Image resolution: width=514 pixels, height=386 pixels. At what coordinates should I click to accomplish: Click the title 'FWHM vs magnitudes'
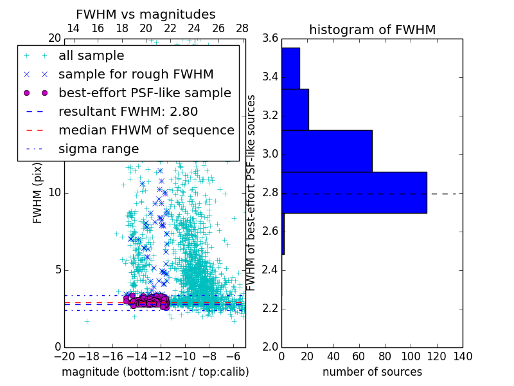pos(146,14)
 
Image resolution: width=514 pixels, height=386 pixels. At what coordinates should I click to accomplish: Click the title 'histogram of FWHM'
pos(372,30)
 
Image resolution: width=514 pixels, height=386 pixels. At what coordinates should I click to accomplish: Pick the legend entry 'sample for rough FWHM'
pos(136,74)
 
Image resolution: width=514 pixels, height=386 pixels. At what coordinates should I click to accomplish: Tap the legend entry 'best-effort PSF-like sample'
pos(145,93)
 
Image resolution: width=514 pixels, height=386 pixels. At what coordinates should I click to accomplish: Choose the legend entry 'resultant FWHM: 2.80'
pos(128,111)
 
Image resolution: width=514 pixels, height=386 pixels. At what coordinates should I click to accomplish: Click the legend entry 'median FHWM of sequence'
pos(146,130)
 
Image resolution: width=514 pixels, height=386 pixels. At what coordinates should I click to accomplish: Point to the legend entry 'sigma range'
pos(98,149)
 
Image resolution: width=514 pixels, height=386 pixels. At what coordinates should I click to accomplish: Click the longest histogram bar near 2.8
pos(354,192)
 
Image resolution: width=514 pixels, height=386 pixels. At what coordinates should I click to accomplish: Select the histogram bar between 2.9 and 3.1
pos(327,151)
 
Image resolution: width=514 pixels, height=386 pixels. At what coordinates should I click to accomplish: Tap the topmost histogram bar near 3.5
pos(290,68)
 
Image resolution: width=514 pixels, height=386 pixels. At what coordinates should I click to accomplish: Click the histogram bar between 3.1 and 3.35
pos(295,109)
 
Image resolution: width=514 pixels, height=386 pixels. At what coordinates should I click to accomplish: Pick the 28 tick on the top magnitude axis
pos(242,28)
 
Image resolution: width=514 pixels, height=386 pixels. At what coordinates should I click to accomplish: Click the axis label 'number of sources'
pos(372,372)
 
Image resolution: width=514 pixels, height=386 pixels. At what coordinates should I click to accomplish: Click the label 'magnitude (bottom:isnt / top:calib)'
pos(155,372)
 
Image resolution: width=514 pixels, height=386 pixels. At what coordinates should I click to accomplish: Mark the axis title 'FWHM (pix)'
pos(37,193)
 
